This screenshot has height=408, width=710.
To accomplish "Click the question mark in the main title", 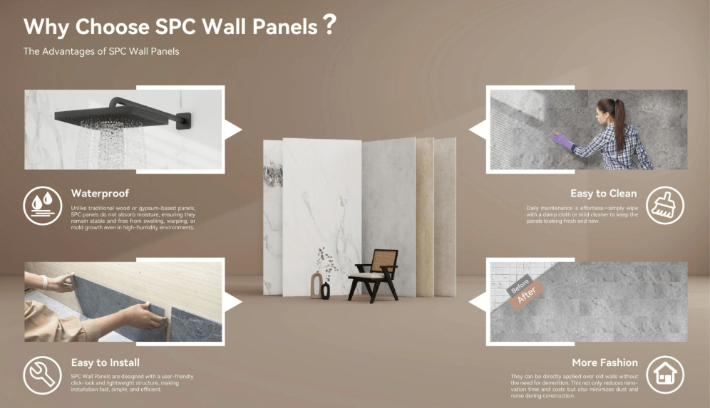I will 329,26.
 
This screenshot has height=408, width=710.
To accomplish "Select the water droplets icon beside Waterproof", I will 42,205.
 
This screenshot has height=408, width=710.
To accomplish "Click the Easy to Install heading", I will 106,362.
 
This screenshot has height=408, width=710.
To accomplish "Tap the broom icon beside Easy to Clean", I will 664,206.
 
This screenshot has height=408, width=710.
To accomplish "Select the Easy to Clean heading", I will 603,193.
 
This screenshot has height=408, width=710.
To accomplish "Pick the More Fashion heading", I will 604,362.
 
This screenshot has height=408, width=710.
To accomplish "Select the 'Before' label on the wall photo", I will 520,283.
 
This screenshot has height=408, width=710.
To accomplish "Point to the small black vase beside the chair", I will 326,290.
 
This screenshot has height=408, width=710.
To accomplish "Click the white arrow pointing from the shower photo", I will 233,129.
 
